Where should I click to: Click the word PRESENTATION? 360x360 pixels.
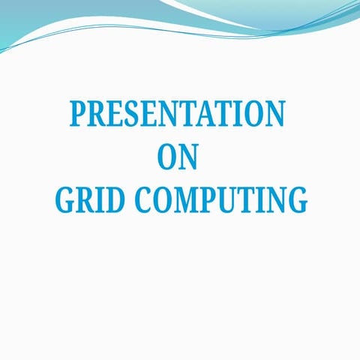click(x=177, y=113)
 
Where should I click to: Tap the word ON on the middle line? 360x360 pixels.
click(x=178, y=157)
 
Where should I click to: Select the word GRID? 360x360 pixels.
click(x=90, y=200)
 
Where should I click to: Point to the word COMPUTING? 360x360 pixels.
click(x=221, y=200)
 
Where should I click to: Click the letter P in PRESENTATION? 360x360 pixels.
click(x=79, y=113)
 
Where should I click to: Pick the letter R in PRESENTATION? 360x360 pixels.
click(x=100, y=113)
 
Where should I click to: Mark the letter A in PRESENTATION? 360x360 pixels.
click(x=215, y=113)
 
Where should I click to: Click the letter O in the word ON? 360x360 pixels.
click(x=167, y=157)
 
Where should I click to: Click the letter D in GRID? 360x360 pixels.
click(x=115, y=200)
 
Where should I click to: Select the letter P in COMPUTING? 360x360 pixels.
click(x=212, y=200)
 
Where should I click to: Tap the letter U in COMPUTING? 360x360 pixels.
click(x=232, y=200)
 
